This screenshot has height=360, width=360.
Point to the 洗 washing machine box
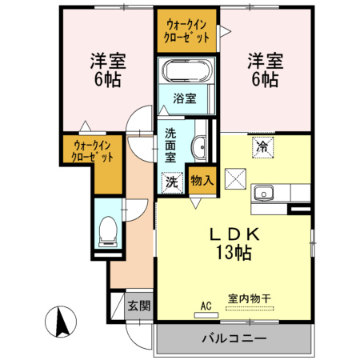click(172, 182)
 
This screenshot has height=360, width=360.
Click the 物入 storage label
click(202, 181)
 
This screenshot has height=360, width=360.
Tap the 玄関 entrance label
click(139, 306)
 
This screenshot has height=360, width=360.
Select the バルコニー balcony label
click(234, 338)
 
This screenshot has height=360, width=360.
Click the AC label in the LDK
click(206, 305)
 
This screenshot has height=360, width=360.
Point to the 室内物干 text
click(249, 299)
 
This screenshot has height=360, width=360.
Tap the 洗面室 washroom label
click(171, 145)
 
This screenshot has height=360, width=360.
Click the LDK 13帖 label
click(231, 244)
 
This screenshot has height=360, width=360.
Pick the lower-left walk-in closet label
click(94, 151)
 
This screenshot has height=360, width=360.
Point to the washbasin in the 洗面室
click(200, 147)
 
